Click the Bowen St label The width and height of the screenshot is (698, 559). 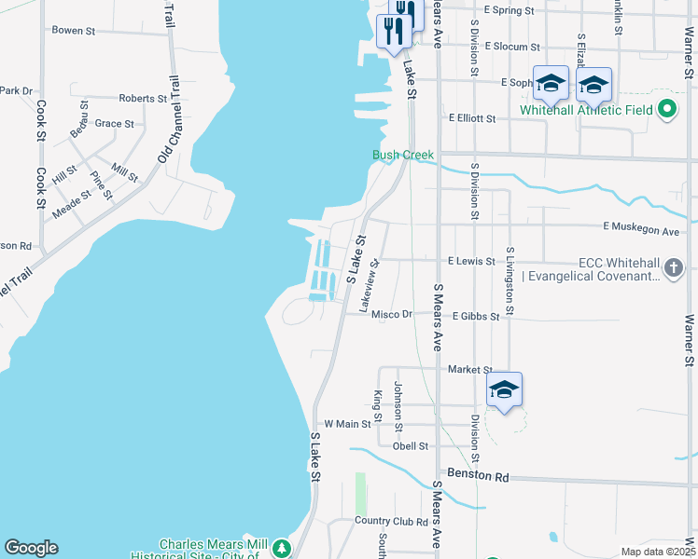pos(74,31)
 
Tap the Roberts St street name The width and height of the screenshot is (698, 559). pos(143,98)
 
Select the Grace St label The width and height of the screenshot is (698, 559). pos(114,123)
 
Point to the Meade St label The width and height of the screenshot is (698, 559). pos(72,204)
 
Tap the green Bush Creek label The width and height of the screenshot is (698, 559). pos(403,155)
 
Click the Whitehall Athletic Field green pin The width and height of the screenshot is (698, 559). pos(666,110)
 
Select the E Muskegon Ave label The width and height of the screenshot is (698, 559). pos(641,229)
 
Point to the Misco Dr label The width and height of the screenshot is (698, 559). pos(391,315)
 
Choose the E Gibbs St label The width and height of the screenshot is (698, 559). pos(476,317)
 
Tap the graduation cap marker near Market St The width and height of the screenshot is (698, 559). pos(503,390)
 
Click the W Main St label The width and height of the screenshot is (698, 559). pos(347,425)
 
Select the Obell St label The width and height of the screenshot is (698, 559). pos(410,446)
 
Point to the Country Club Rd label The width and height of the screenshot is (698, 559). pos(390,522)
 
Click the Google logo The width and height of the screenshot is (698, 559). pos(31,548)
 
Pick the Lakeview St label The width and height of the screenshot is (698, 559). pos(375,277)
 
